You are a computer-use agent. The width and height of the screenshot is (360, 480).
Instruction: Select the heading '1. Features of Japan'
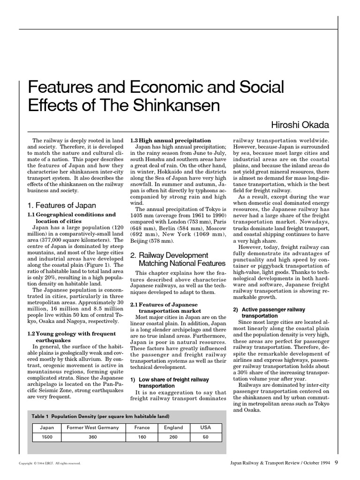coord(61,205)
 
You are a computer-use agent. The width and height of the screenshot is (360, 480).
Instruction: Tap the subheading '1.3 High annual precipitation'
coord(170,140)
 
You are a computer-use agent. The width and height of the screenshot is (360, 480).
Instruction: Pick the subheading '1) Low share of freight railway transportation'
coord(169,382)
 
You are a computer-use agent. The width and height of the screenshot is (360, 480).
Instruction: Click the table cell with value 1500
coord(47,437)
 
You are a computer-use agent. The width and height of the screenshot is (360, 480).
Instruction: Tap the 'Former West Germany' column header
coord(93,427)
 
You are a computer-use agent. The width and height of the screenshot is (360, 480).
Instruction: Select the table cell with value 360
coord(93,437)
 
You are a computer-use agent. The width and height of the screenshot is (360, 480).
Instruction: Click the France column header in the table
coord(142,427)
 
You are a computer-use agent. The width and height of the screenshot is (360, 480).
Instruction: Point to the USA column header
coord(206,427)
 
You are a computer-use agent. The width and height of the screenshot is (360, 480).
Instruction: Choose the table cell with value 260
coord(173,437)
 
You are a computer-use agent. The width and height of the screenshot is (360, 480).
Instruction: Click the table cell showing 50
coord(206,437)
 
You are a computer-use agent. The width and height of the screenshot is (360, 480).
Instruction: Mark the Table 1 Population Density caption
coord(100,416)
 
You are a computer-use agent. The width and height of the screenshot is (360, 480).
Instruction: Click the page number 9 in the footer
coord(337,463)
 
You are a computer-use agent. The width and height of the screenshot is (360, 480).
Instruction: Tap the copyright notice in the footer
coord(50,464)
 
